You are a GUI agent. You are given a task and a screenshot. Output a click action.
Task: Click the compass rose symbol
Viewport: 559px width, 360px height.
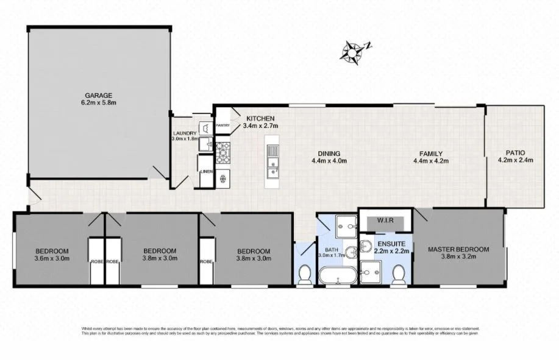pos(352,51)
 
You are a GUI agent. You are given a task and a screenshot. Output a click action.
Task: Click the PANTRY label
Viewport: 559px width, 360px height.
pos(223,125)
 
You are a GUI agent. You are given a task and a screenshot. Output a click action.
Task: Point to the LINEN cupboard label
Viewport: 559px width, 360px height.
pos(207,172)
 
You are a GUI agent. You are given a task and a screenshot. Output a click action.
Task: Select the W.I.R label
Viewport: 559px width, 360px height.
pos(385,220)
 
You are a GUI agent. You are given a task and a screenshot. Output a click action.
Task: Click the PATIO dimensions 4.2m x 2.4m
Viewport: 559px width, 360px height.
pos(515,161)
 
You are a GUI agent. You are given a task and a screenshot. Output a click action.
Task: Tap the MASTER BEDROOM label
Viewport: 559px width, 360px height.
pos(458,249)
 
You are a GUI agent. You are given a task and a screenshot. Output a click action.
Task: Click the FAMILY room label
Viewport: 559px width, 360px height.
pos(430,154)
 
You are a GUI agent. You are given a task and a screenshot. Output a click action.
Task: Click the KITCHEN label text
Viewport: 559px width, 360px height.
pos(260,118)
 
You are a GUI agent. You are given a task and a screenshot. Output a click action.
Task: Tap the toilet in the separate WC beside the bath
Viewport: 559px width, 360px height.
pos(305,273)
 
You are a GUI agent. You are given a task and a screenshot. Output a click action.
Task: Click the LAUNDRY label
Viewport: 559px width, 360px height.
pos(185,133)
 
